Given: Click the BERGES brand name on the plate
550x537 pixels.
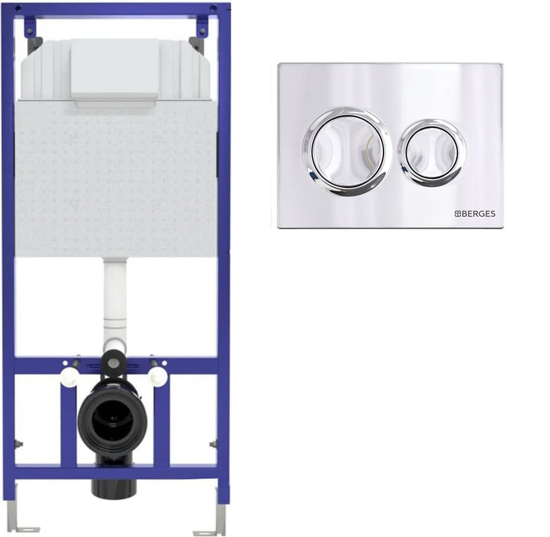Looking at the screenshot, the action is click(x=478, y=213).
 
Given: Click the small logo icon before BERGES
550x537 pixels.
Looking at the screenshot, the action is click(x=458, y=213).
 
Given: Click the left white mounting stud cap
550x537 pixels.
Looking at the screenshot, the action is click(x=68, y=378).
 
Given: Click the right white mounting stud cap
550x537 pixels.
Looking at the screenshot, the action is click(x=158, y=377).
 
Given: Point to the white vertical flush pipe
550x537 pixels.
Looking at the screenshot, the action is click(x=115, y=298).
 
